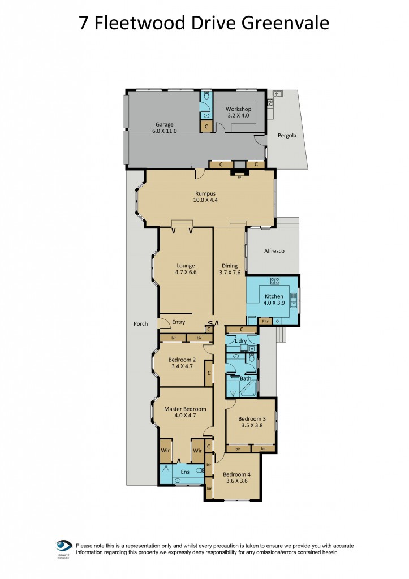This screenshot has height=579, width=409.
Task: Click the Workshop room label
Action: (238, 109)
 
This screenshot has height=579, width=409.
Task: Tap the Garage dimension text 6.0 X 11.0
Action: (165, 131)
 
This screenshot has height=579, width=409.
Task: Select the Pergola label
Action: (286, 136)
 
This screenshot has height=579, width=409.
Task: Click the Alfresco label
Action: (274, 250)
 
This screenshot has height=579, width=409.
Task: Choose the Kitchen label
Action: (274, 297)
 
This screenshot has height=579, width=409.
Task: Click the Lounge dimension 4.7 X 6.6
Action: (186, 273)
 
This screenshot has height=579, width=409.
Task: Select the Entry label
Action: (179, 322)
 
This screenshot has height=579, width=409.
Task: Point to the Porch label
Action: (140, 324)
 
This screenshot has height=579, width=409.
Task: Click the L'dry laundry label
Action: (240, 340)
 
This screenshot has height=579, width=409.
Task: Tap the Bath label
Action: (245, 378)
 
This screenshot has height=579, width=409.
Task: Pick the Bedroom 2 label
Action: (182, 360)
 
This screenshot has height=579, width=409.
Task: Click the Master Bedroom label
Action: (185, 409)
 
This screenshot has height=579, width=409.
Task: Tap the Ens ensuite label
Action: (185, 471)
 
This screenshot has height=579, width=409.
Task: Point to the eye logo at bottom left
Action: (63, 546)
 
